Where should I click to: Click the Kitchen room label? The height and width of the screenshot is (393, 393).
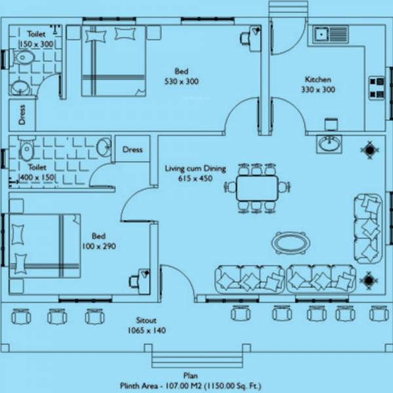pyautogui.click(x=318, y=79)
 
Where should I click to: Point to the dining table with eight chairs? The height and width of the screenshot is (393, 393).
pyautogui.click(x=257, y=188)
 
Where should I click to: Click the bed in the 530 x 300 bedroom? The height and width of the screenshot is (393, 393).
pyautogui.click(x=113, y=61)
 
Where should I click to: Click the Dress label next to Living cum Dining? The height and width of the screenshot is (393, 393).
pyautogui.click(x=132, y=149)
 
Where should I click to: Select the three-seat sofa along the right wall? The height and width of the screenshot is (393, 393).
pyautogui.click(x=367, y=227)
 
